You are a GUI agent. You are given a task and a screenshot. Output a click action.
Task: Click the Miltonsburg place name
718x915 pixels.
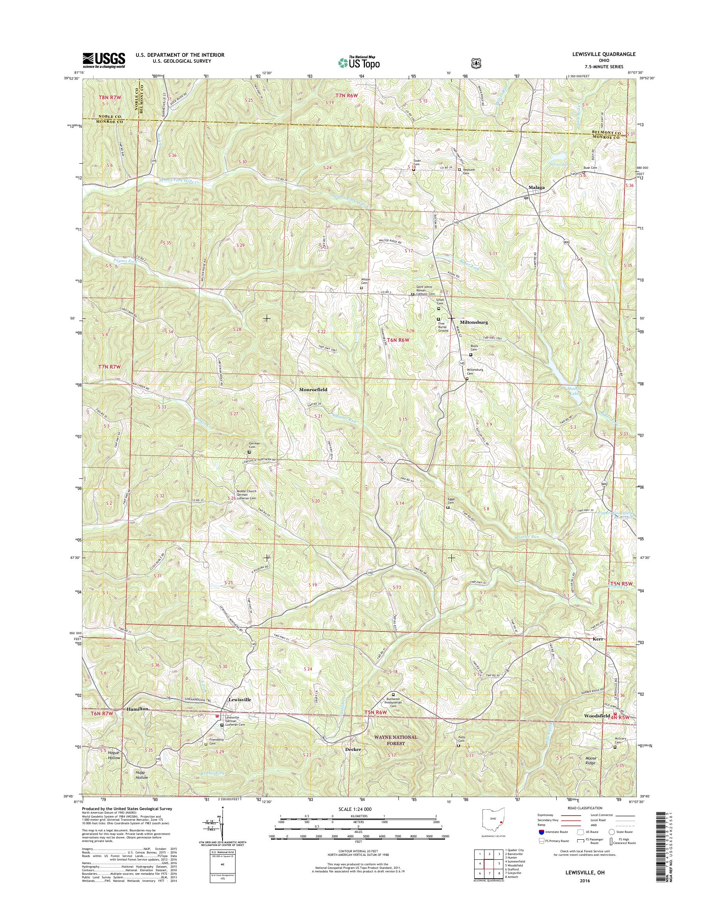point(474,322)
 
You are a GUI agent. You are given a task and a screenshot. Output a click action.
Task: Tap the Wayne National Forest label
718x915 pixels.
point(397,740)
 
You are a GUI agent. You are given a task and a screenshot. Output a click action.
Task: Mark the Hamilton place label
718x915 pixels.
point(137,709)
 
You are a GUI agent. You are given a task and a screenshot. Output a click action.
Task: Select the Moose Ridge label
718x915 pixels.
point(591,760)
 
